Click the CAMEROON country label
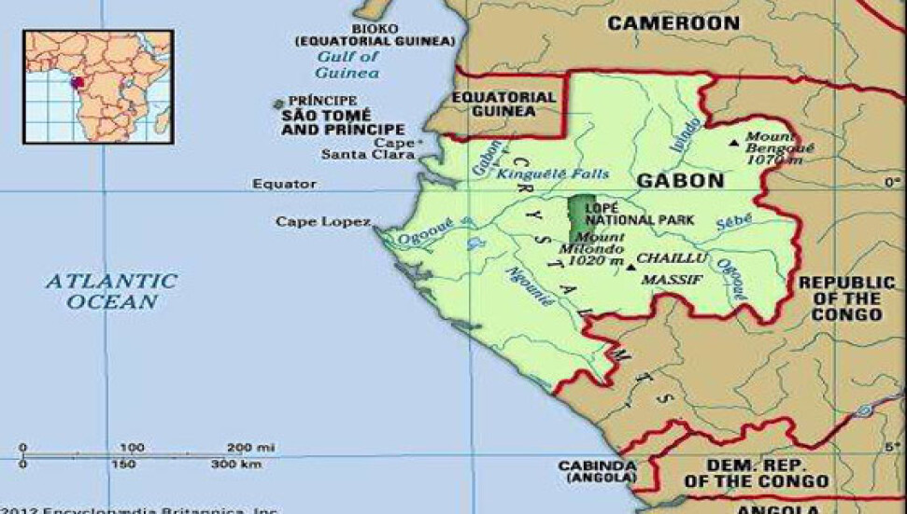tap(673, 23)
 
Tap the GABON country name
tap(680, 180)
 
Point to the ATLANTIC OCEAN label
tap(112, 290)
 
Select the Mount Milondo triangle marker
tap(631, 267)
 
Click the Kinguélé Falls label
tap(553, 174)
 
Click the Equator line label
tap(284, 184)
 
